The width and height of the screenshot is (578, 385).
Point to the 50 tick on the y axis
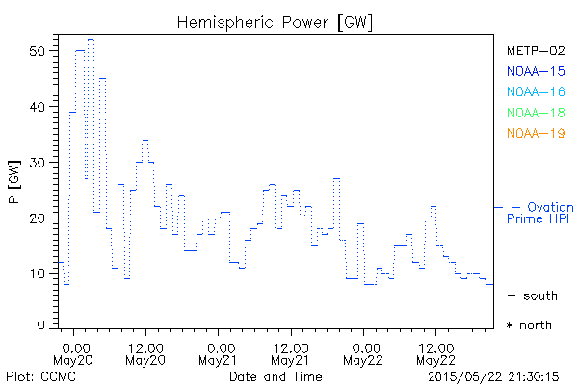39,50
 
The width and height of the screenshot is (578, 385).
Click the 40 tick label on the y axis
39,106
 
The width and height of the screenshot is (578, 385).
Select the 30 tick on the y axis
39,162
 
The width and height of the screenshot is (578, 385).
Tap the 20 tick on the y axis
39,218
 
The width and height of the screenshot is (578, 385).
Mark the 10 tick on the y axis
39,273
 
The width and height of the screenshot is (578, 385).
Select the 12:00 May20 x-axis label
146,352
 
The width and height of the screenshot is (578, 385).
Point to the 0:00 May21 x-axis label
220,352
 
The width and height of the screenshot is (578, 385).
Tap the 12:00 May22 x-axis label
436,352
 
